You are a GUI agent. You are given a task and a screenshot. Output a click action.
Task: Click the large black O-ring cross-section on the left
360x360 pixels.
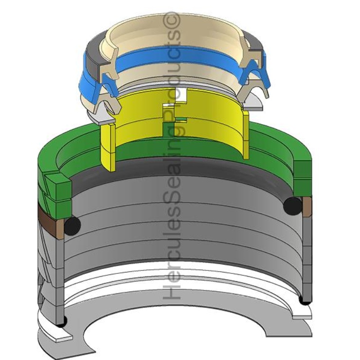point(72,226)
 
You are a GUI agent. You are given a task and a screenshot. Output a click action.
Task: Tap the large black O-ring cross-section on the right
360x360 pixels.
point(293,205)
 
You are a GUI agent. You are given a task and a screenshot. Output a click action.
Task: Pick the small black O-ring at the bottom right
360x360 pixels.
point(306,300)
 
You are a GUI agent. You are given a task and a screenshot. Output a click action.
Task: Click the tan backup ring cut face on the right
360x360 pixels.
point(307,207)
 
